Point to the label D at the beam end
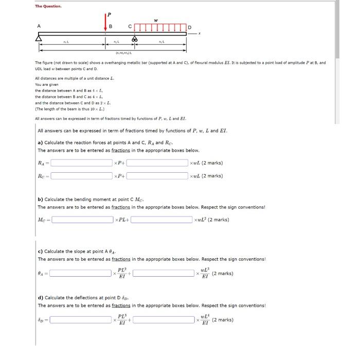pyautogui.click(x=189, y=26)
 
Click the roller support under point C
pyautogui.click(x=135, y=39)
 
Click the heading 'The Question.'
pyautogui.click(x=48, y=6)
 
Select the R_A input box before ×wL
pyautogui.click(x=157, y=163)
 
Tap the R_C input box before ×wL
pyautogui.click(x=157, y=176)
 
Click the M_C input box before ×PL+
pyautogui.click(x=82, y=220)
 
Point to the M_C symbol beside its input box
pyautogui.click(x=43, y=220)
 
